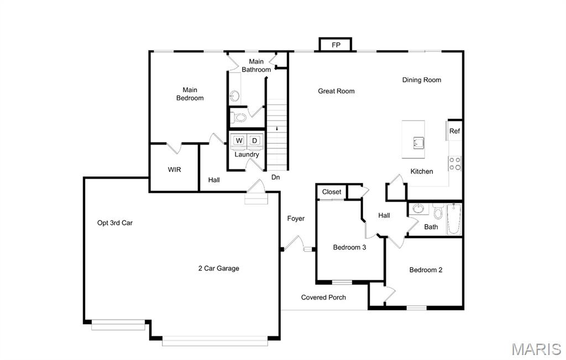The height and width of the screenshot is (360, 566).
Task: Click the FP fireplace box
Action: (336, 44)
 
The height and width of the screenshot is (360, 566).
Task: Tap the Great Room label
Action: (336, 91)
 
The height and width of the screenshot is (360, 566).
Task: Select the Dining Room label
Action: (422, 80)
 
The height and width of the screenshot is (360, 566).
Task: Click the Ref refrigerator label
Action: (454, 131)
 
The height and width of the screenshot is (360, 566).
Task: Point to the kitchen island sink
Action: (418, 143)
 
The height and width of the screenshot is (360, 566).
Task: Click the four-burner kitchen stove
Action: (455, 163)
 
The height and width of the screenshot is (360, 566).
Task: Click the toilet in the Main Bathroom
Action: (238, 117)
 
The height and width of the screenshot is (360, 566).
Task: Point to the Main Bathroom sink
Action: (234, 96)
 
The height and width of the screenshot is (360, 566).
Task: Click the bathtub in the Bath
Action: (454, 219)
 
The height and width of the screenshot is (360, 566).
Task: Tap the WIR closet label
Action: (174, 169)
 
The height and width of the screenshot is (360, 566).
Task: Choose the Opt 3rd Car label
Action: (115, 223)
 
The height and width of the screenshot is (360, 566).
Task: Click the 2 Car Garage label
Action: (219, 268)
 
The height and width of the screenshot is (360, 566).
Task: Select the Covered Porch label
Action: (323, 297)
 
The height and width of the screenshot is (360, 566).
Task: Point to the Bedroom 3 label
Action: (349, 247)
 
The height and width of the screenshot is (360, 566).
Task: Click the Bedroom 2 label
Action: (426, 270)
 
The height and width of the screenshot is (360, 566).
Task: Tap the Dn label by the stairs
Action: (275, 178)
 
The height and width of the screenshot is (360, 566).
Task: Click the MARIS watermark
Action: (536, 349)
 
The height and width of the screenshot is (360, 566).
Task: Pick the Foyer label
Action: (296, 218)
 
